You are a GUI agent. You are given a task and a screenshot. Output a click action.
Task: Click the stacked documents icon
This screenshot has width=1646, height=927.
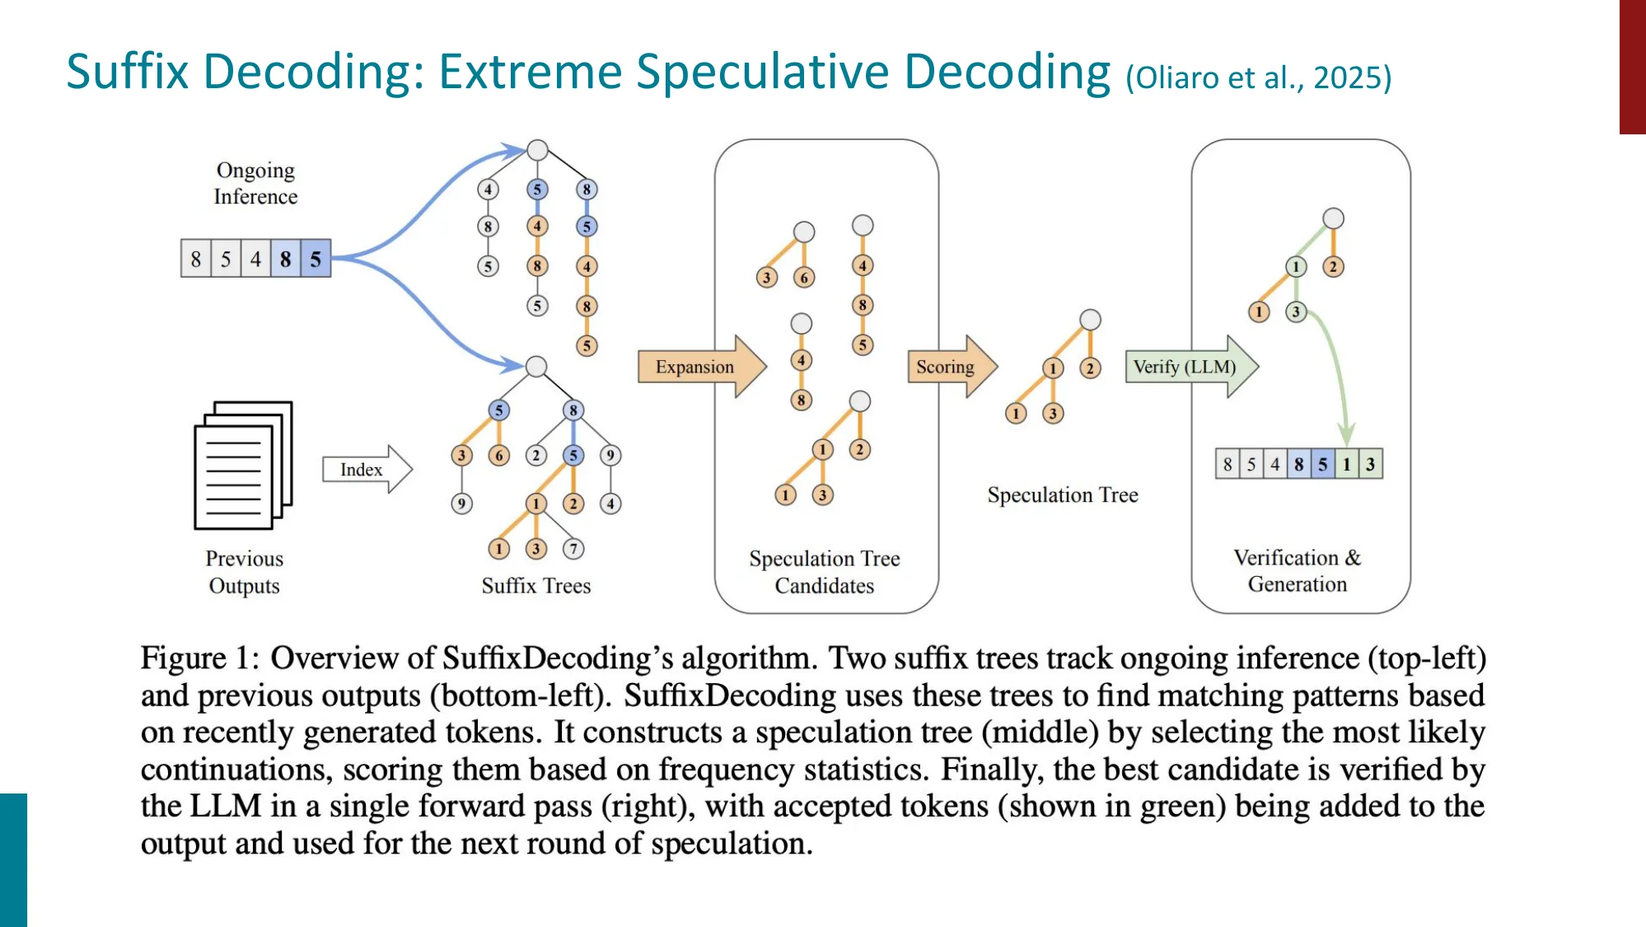243,466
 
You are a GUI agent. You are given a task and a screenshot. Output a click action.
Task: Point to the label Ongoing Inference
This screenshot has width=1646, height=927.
255,183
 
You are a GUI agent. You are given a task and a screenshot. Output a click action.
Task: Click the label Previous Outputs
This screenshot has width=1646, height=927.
244,572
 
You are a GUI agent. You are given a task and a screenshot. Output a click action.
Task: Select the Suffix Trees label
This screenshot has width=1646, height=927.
536,586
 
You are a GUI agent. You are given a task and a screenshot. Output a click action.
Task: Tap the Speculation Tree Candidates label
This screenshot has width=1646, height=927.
824,572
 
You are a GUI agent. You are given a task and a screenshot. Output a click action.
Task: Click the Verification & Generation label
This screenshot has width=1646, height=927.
1298,570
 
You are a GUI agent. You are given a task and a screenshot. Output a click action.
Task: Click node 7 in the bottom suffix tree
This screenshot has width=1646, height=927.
573,549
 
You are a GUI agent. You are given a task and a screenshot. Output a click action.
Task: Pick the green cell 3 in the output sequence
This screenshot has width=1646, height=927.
1370,464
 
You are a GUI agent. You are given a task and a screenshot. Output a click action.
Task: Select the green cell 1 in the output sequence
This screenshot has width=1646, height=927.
1346,464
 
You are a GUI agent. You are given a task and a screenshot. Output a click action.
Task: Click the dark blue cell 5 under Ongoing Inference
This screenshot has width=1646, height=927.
316,260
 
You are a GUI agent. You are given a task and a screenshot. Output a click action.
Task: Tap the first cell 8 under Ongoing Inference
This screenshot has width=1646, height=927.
196,260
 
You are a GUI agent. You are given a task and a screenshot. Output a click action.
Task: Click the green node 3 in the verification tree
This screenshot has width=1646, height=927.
1296,312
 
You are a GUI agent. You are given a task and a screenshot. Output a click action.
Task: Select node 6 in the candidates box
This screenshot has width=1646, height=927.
804,278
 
